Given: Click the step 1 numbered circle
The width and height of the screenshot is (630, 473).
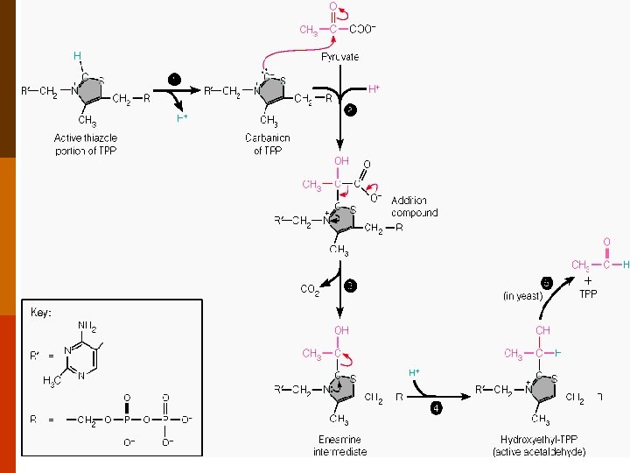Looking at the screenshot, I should (174, 79).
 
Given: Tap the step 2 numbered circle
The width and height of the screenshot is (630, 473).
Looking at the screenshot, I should (349, 109).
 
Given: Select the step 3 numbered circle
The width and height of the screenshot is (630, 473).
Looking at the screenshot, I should (349, 286).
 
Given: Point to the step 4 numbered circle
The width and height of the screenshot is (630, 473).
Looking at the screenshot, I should (436, 407).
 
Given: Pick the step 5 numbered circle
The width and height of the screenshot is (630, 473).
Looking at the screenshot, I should (546, 282).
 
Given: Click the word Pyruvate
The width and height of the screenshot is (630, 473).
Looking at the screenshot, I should (339, 57).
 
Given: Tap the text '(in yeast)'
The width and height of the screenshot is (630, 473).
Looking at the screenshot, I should (523, 296).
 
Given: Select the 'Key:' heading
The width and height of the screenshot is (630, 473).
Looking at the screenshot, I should (41, 312).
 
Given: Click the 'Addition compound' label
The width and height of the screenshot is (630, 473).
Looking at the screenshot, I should (414, 207).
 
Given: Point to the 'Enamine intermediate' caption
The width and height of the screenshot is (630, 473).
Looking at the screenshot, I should (339, 446).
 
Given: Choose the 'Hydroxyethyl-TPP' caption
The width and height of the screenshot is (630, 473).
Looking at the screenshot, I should (542, 440).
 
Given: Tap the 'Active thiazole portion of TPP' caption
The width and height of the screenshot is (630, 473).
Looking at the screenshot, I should (86, 145).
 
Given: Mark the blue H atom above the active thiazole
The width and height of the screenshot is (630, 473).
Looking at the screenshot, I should (77, 55).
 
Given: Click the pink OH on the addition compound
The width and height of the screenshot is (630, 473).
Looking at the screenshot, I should (341, 161).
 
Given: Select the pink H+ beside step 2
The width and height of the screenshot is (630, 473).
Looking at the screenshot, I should (374, 89).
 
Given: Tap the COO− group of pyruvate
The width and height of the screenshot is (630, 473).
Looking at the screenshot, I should (362, 29).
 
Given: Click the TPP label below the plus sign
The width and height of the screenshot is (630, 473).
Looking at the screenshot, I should (588, 293).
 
